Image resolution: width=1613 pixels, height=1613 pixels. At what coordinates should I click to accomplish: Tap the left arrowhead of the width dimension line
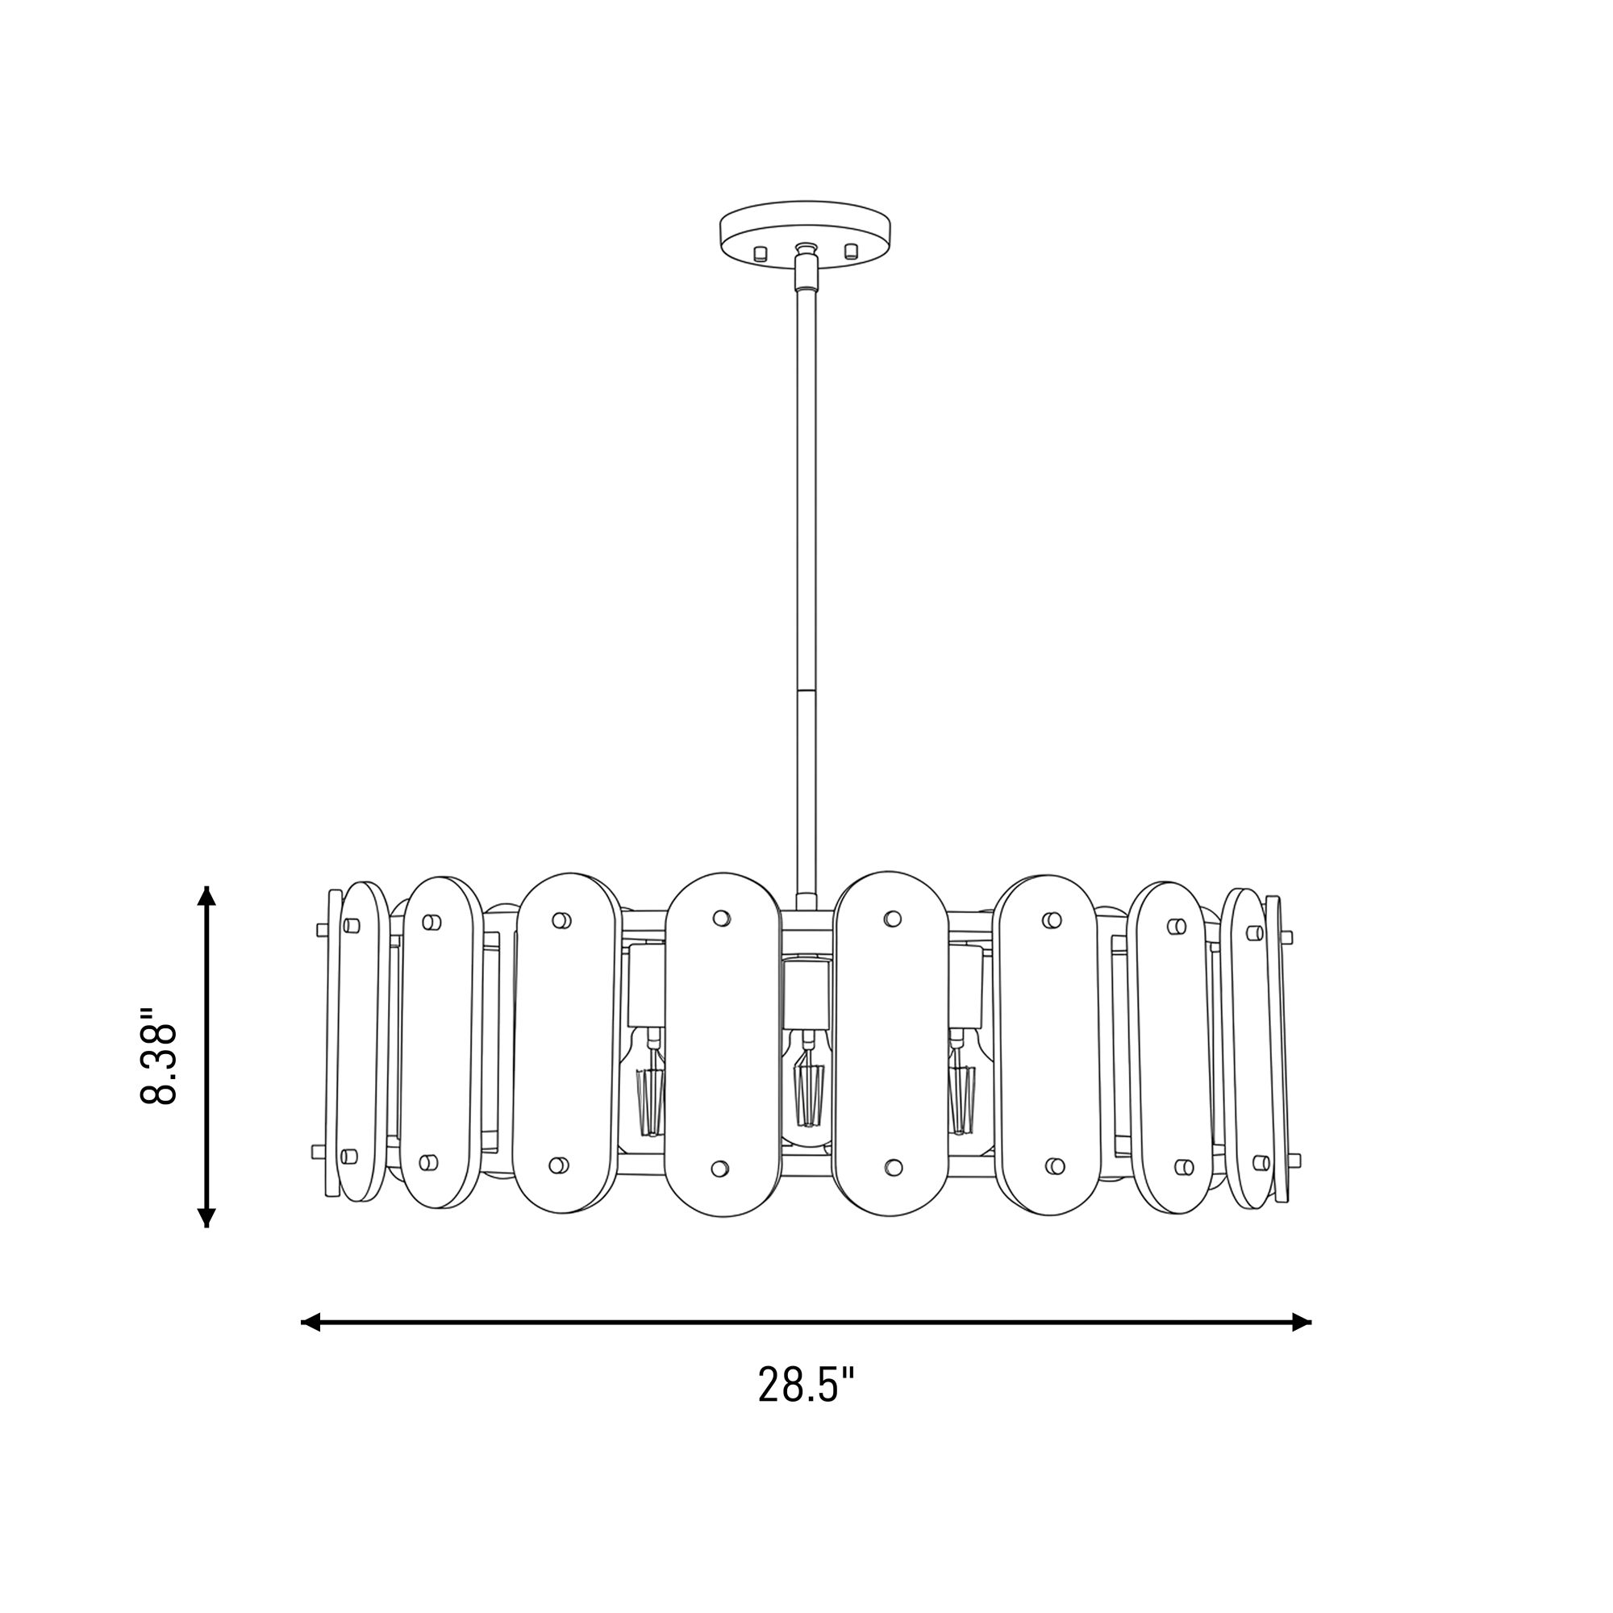point(311,1322)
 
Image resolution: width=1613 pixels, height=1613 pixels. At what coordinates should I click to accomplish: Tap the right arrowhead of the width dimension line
point(1302,1322)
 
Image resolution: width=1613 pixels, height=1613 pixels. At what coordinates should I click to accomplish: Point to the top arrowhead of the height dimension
point(206,896)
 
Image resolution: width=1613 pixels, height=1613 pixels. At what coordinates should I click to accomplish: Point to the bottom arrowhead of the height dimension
point(206,1217)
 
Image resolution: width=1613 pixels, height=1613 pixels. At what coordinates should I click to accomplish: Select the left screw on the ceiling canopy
point(760,253)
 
